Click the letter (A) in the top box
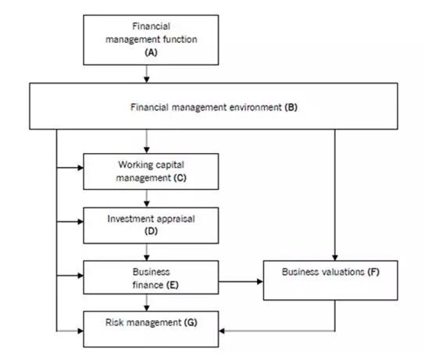click(x=151, y=52)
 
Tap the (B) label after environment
click(x=291, y=107)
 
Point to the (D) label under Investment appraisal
click(x=151, y=231)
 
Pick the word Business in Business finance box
click(x=152, y=272)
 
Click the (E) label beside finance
click(x=173, y=285)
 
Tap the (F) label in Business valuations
click(x=373, y=272)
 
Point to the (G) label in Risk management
click(x=191, y=323)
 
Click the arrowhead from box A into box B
click(x=147, y=80)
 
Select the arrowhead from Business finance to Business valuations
click(x=260, y=282)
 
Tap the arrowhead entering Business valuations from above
click(x=335, y=258)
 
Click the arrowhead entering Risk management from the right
click(x=222, y=331)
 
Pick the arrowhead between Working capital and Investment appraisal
click(x=147, y=204)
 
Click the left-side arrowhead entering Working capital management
click(x=80, y=168)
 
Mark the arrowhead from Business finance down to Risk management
click(x=147, y=308)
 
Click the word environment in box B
click(x=255, y=107)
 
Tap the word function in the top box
click(x=180, y=39)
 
